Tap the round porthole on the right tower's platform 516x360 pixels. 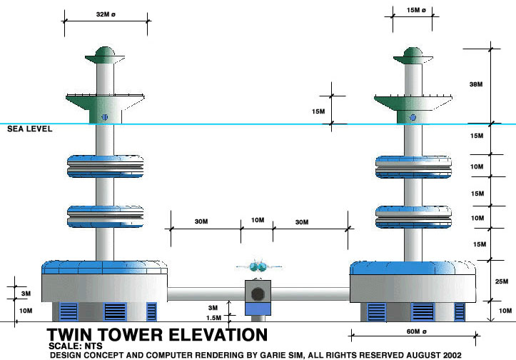(413, 116)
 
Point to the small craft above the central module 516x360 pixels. (257, 266)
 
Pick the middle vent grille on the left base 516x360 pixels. (114, 311)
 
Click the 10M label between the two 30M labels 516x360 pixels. (257, 222)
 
